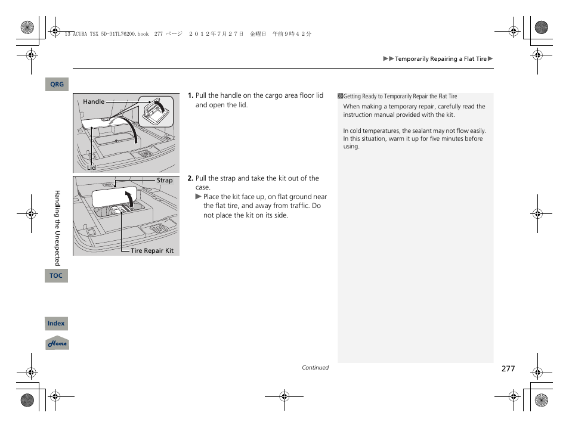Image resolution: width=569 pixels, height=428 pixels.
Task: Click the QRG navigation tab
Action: click(57, 85)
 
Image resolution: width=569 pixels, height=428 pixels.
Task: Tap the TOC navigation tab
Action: click(56, 275)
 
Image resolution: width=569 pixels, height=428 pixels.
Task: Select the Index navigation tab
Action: click(56, 324)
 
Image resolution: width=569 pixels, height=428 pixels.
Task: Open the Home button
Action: click(57, 343)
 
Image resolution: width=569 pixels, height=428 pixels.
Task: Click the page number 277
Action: click(508, 369)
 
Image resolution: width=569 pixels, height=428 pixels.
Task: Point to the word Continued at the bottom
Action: click(315, 368)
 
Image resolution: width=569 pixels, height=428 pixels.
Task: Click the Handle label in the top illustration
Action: click(94, 102)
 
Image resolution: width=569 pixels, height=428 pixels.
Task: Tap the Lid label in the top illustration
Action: click(91, 168)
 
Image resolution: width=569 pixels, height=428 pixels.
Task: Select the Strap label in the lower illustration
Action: click(165, 181)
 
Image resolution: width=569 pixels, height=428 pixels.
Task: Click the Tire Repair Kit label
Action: click(152, 251)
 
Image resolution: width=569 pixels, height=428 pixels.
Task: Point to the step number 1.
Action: click(190, 95)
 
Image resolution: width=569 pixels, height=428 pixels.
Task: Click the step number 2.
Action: click(190, 178)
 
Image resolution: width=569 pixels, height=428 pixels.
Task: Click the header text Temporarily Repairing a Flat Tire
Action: click(441, 59)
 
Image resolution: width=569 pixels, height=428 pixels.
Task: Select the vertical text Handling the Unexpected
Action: click(58, 228)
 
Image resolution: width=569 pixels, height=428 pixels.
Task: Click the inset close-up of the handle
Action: click(156, 110)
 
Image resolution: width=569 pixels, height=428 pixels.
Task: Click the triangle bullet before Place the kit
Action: click(199, 197)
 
